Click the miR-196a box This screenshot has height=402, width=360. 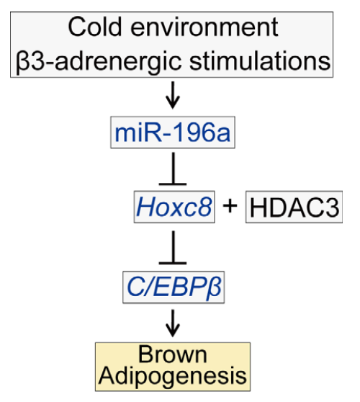tap(172, 133)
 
